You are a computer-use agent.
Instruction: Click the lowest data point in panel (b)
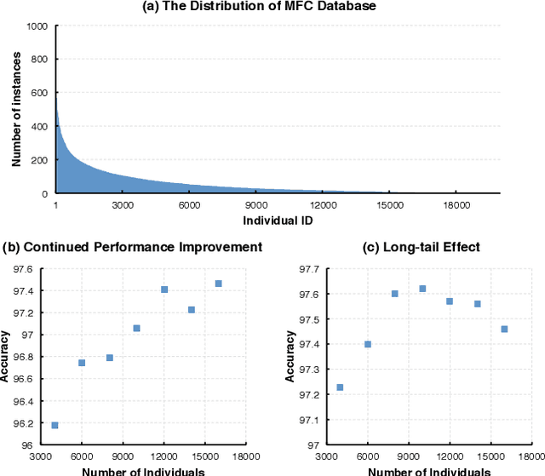54,425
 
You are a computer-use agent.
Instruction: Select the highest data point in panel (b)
218,284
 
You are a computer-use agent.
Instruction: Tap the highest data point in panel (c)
422,289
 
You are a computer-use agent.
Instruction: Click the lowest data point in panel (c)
340,387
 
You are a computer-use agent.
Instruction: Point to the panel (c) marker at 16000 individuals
504,329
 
